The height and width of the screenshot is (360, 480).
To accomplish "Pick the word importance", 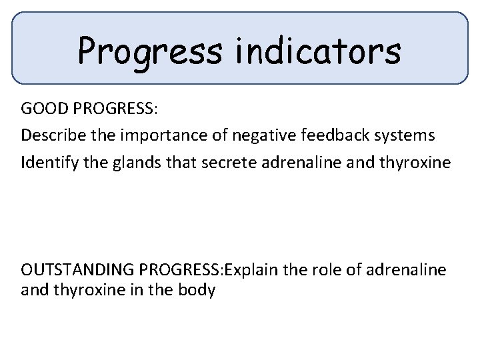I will point(154,135).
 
